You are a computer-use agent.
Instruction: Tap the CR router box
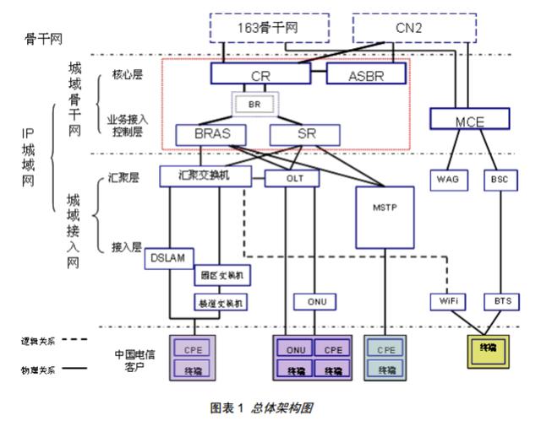point(260,76)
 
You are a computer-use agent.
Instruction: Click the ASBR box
point(366,76)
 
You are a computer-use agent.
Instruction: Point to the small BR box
point(254,105)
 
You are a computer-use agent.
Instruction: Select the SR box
point(304,134)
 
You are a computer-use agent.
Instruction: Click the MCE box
point(468,121)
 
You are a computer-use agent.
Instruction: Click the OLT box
point(292,178)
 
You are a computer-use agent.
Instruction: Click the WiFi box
point(446,300)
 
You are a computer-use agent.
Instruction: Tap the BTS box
point(499,300)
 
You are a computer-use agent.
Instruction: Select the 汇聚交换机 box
point(206,176)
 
